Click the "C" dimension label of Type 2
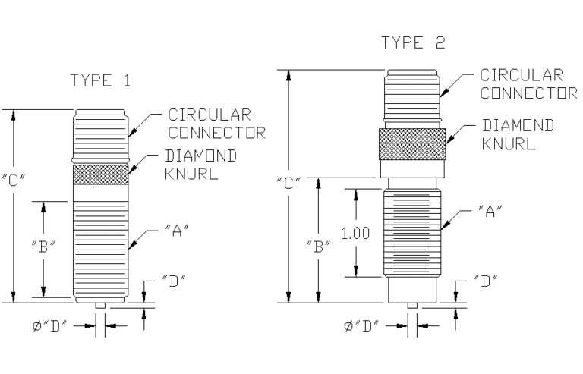[289, 182]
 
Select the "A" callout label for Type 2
[488, 208]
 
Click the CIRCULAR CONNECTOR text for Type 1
[216, 124]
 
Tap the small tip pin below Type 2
[411, 305]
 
